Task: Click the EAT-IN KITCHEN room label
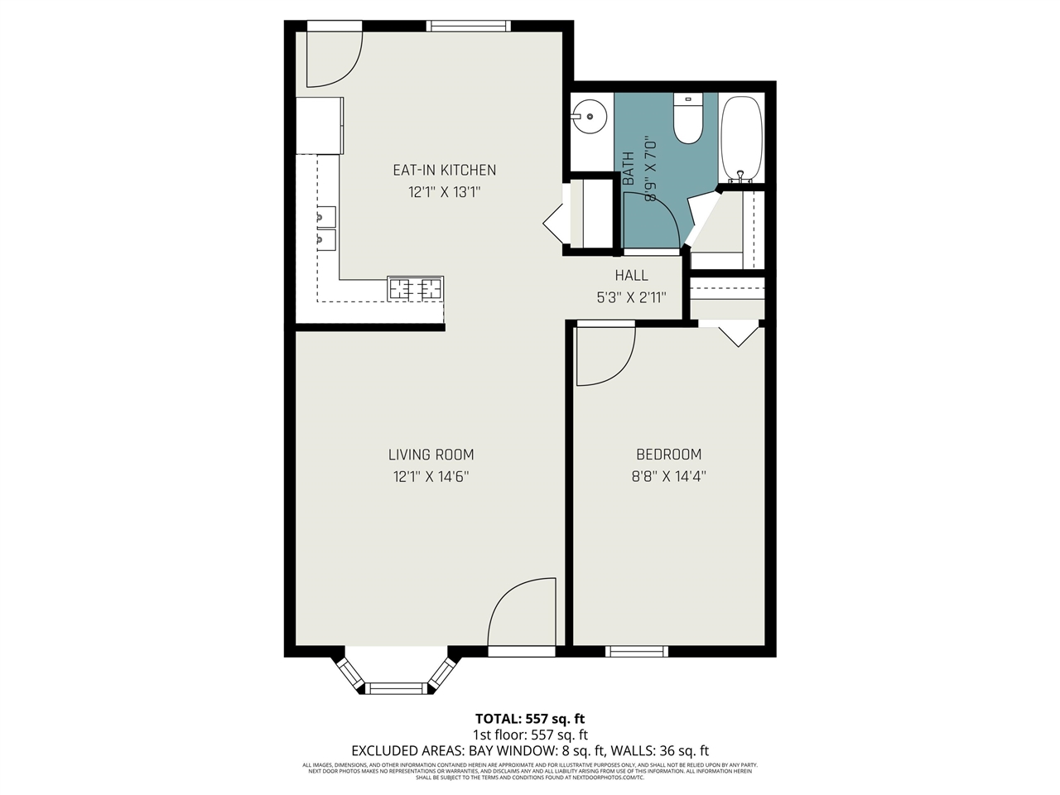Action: tap(444, 170)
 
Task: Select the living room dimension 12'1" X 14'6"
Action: tap(431, 476)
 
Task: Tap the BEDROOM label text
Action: tap(668, 454)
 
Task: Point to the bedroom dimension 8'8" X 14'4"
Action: tap(668, 476)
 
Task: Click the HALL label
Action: tap(631, 275)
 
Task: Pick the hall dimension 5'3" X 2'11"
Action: tap(631, 297)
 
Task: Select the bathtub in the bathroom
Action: tap(741, 138)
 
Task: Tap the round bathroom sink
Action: tap(589, 117)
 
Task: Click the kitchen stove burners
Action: tap(416, 288)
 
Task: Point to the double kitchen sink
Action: tap(325, 229)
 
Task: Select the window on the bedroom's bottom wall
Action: tap(637, 651)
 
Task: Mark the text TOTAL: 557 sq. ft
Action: tap(530, 718)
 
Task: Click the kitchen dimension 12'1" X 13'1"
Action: tap(444, 192)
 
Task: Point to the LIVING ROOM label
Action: tap(431, 454)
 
